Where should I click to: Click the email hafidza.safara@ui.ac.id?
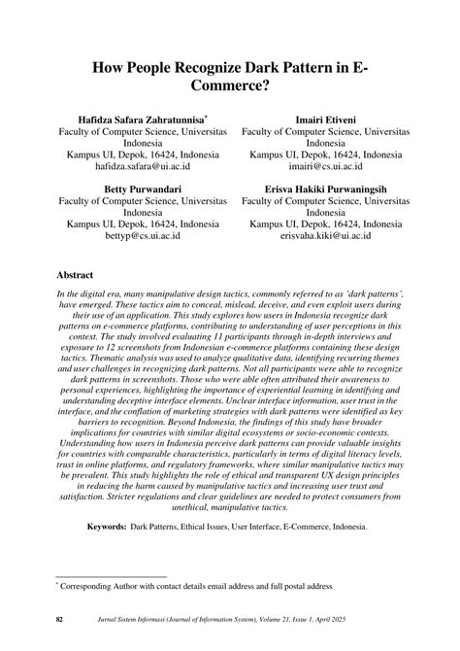[144, 168]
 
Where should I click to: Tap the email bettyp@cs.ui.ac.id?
[144, 234]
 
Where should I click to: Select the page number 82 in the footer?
[60, 620]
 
